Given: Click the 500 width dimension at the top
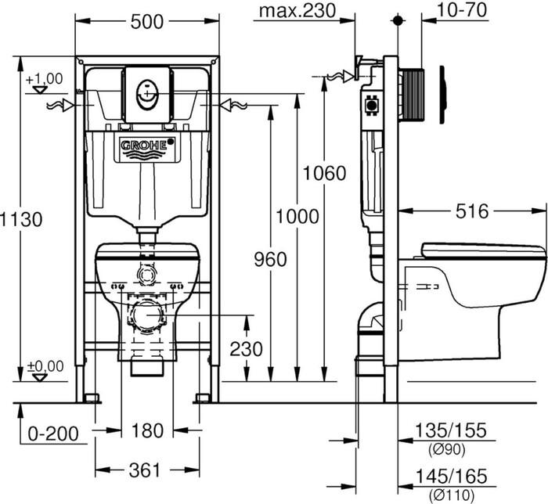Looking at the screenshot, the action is click(147, 22).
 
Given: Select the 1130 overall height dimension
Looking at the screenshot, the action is click(21, 220).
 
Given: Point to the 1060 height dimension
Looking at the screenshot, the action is click(325, 173).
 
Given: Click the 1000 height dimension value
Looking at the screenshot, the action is click(297, 217).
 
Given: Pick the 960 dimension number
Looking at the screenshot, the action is click(270, 260).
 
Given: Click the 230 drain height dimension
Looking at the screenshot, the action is click(246, 349).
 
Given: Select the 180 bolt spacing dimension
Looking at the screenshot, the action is click(147, 430).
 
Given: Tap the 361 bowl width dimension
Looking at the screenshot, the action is click(145, 470).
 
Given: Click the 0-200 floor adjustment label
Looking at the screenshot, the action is click(53, 434).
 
